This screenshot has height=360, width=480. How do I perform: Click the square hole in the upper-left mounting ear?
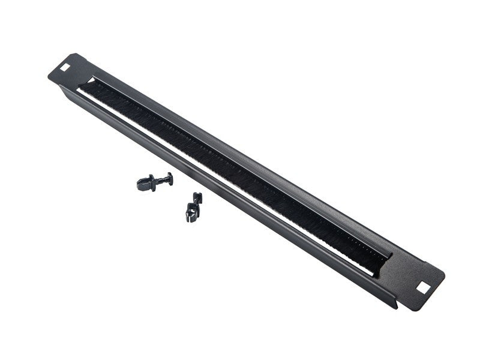coord(65,67)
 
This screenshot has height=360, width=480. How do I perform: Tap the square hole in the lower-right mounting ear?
coord(424,288)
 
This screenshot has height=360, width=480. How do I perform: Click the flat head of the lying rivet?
coord(170,178)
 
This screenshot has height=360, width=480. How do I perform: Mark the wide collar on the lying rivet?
coord(153,181)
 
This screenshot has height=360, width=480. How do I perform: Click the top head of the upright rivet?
coord(197,197)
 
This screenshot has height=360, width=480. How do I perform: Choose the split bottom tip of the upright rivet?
coord(190,216)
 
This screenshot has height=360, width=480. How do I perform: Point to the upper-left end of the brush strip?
coord(90,84)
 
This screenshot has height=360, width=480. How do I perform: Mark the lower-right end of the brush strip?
coord(382,261)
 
